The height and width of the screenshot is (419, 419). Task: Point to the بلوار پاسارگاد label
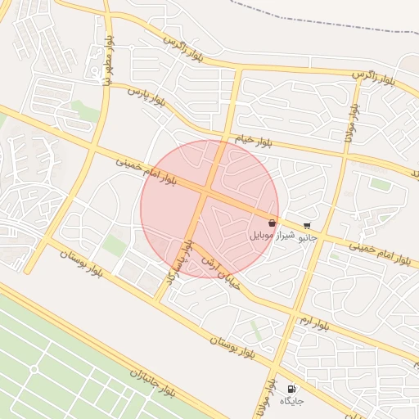coord(179,262)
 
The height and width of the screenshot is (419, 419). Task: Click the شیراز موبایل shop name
coord(270,235)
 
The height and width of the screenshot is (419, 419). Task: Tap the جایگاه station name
coord(292,401)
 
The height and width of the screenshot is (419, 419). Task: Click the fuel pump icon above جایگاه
coord(292,389)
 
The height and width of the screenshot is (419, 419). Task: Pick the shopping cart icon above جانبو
coord(307,226)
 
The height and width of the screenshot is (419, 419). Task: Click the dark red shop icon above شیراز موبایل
coord(272,223)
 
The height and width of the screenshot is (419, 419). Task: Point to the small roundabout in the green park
coord(34,369)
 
